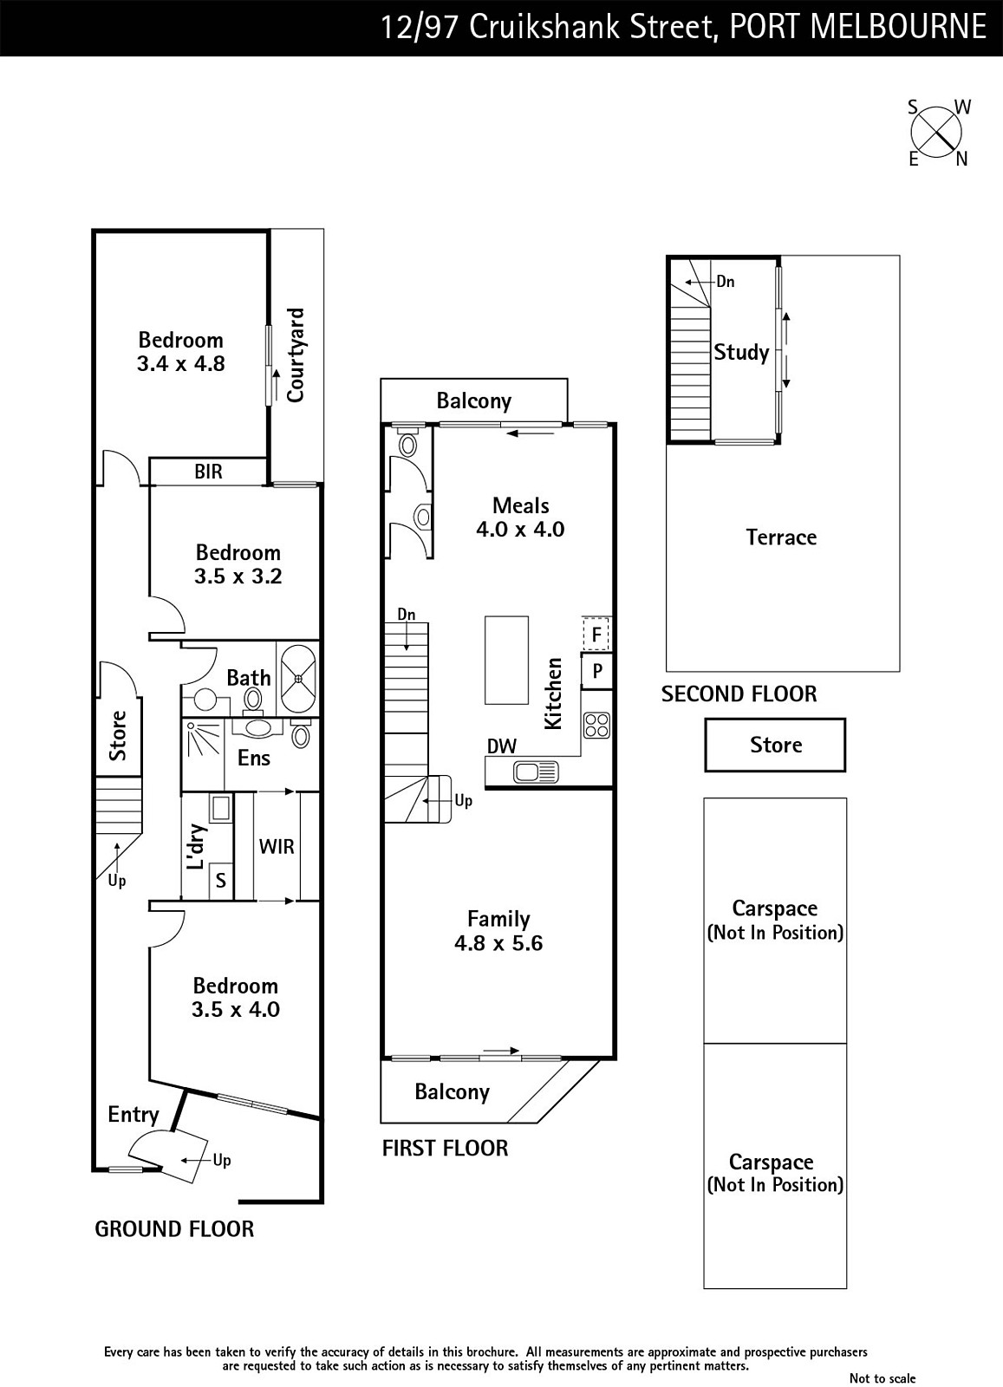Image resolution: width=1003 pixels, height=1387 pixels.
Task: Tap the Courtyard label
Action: click(x=296, y=355)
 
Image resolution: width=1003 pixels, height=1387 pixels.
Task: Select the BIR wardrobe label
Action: click(x=208, y=472)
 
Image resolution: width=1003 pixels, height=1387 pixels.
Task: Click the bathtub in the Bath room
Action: click(x=297, y=678)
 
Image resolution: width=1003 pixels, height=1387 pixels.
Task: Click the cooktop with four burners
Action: click(x=596, y=725)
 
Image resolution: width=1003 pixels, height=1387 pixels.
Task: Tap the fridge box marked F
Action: click(x=596, y=635)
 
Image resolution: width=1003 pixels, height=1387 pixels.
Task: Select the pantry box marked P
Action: click(x=596, y=671)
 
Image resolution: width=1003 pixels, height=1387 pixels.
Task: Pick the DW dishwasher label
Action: click(x=502, y=746)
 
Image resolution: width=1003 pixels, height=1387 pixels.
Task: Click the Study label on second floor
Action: click(x=741, y=352)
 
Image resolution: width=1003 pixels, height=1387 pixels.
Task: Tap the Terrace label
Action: click(x=781, y=537)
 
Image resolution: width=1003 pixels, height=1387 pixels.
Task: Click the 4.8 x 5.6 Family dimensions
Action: click(x=498, y=943)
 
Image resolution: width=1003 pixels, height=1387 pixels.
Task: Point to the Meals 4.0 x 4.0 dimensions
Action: click(x=520, y=529)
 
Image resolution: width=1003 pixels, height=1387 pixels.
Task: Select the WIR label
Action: click(x=277, y=846)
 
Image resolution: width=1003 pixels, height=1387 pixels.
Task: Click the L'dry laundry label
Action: click(x=197, y=847)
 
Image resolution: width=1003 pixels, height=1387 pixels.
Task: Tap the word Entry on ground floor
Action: click(x=133, y=1114)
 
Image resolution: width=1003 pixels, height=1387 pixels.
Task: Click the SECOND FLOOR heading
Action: click(x=739, y=693)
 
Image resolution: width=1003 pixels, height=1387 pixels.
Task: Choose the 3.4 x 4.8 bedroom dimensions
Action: click(x=180, y=364)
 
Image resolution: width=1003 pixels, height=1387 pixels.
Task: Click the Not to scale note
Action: click(x=882, y=1378)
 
